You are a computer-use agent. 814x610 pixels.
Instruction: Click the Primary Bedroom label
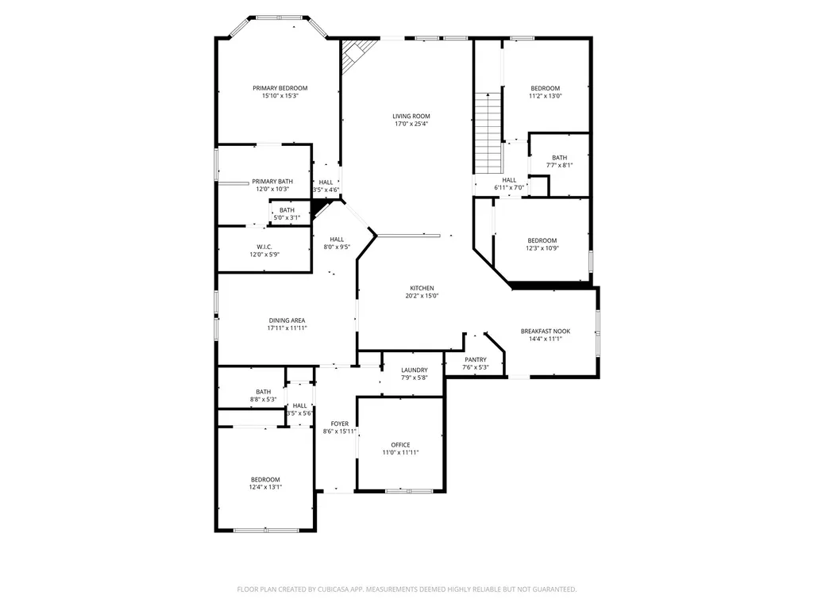pos(280,88)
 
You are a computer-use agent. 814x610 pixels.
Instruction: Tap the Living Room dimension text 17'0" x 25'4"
pos(411,124)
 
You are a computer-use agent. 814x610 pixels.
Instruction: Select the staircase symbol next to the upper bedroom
pos(488,133)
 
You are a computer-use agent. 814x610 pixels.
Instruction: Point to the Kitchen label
pos(422,289)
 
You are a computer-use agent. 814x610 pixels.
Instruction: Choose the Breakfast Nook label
pos(545,332)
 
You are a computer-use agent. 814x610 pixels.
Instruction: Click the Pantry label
pos(476,360)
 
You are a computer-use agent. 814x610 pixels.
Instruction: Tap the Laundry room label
pos(415,370)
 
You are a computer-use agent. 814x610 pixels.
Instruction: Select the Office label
pos(400,445)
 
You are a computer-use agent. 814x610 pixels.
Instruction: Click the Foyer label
pos(340,424)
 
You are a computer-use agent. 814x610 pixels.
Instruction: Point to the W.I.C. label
pos(264,247)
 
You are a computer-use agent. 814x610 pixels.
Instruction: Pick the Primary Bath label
pos(272,182)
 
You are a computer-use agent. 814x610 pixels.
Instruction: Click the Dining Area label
pos(287,320)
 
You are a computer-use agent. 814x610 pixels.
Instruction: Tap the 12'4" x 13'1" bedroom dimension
pos(265,488)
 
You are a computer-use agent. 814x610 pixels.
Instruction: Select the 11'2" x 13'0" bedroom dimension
pos(545,96)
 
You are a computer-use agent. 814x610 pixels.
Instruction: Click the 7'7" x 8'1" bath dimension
pos(559,166)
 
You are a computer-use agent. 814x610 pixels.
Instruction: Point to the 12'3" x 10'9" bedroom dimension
pos(542,248)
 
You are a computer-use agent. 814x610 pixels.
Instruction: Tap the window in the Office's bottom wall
pos(409,491)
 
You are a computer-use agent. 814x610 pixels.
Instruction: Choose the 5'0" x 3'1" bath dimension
pos(287,218)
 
